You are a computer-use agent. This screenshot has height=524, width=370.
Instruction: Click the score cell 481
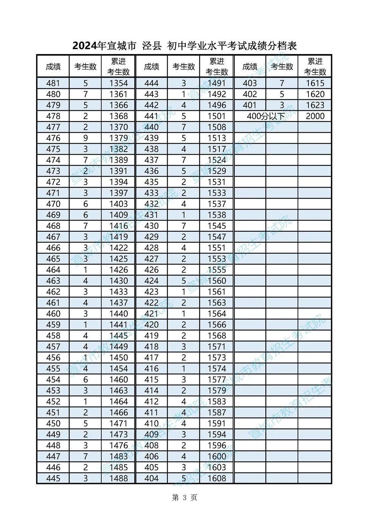coord(53,83)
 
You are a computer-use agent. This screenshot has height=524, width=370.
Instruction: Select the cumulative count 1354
coord(119,83)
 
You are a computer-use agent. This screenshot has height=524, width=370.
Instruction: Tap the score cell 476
coord(53,138)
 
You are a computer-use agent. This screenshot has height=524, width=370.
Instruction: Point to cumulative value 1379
coord(119,138)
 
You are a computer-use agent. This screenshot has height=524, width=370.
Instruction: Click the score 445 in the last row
coord(53,478)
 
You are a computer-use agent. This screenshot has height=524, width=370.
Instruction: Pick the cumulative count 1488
coord(119,478)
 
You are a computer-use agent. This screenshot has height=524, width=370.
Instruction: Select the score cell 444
coord(151,83)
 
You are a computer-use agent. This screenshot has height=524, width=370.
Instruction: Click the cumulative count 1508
coord(217,127)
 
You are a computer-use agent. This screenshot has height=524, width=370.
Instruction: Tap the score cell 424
coord(151,281)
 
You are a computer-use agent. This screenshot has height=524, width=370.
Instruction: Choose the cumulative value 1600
coord(217,456)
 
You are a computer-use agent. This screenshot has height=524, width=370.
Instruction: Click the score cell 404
coord(151,478)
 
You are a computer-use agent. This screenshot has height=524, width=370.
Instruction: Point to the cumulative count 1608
coord(217,478)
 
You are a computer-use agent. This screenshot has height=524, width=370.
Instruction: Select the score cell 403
coord(250,83)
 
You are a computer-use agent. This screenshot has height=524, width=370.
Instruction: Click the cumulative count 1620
coord(315,94)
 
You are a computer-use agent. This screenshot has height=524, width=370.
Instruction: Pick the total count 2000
coord(315,116)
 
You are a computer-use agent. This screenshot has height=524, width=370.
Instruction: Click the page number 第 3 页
coord(185,498)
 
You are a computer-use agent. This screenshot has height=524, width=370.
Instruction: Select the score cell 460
coord(53,313)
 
